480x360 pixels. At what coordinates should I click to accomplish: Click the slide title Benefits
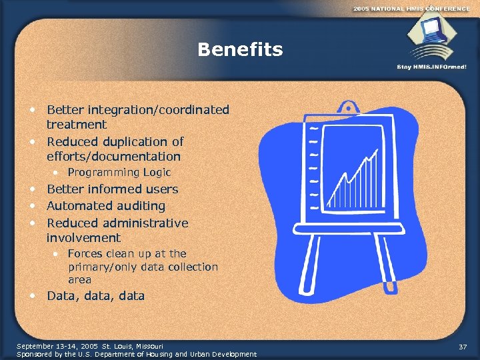coord(240,50)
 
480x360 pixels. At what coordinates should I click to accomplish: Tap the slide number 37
coord(463,347)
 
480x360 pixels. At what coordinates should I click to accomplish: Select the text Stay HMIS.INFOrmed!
coord(432,67)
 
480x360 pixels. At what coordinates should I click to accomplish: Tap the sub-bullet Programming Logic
coord(119,173)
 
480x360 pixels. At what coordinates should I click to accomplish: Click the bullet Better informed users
coord(112,189)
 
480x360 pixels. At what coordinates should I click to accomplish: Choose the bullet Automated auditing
coord(105,207)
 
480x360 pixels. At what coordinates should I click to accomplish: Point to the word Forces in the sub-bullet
coord(84,254)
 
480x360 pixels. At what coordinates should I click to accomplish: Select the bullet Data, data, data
coord(95,296)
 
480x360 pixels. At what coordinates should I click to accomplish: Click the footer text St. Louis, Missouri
coord(130,346)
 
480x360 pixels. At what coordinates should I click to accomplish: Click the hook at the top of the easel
coord(348,107)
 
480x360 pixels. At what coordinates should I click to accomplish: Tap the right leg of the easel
coord(393,267)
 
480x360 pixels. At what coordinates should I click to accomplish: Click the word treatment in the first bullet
coord(76,125)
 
